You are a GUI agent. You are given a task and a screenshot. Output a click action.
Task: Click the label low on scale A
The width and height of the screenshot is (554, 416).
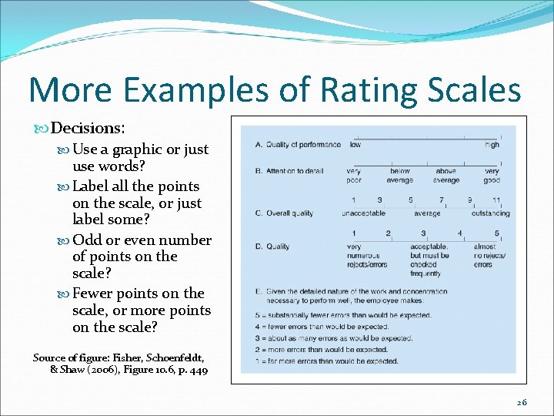tap(355, 145)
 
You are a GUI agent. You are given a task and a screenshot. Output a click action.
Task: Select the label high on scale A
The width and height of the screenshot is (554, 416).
tap(492, 145)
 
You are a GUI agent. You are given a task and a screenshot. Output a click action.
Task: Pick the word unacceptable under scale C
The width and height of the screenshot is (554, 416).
tap(363, 213)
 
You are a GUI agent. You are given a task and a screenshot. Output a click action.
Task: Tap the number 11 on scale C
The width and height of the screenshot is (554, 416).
tap(496, 200)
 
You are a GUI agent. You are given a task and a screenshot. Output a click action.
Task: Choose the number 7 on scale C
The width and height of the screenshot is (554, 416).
tap(442, 200)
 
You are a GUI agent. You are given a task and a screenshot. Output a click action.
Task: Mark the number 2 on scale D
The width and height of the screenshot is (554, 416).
tap(388, 233)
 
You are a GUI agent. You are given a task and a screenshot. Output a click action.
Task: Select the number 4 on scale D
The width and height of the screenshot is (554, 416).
tap(459, 233)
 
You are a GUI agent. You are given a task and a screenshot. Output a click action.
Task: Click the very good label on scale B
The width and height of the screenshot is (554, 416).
tap(492, 176)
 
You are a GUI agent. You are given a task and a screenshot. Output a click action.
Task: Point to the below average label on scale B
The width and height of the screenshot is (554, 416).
tap(400, 176)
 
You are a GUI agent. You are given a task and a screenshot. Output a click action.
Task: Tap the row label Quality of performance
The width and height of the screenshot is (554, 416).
tap(297, 145)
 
